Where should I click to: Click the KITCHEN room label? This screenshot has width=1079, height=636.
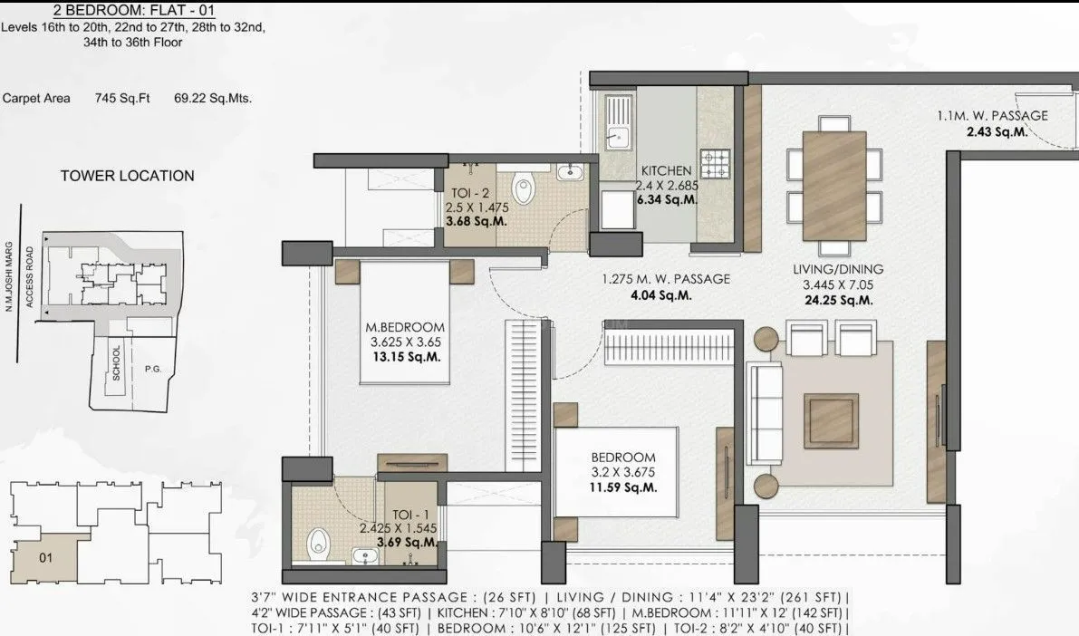click(666, 170)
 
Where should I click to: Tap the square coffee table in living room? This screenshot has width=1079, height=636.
click(831, 420)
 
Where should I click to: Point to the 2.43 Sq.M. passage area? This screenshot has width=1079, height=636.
click(997, 131)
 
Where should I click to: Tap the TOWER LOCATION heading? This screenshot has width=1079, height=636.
click(127, 176)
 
